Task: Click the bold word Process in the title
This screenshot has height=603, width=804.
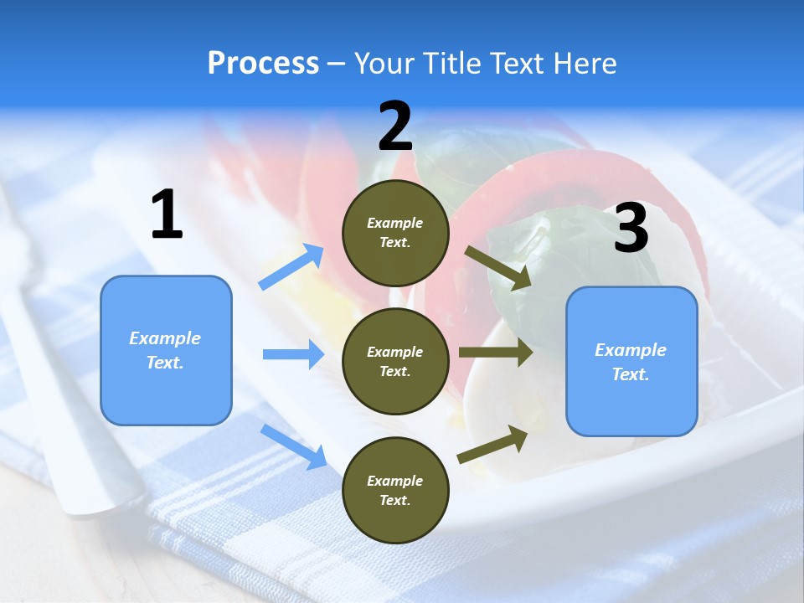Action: (263, 64)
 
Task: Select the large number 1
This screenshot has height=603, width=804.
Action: (167, 215)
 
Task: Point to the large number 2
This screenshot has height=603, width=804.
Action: (395, 126)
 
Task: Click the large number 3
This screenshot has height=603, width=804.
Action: (631, 229)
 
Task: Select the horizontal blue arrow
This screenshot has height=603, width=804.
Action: (293, 354)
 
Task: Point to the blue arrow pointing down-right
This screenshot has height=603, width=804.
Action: (293, 446)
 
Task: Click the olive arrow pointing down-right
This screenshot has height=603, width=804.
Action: (497, 267)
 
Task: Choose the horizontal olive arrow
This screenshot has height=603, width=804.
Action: (496, 353)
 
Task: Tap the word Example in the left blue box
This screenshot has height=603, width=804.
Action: (165, 338)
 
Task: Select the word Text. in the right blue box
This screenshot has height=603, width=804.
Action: (631, 374)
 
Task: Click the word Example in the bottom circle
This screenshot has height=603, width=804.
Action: (395, 481)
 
